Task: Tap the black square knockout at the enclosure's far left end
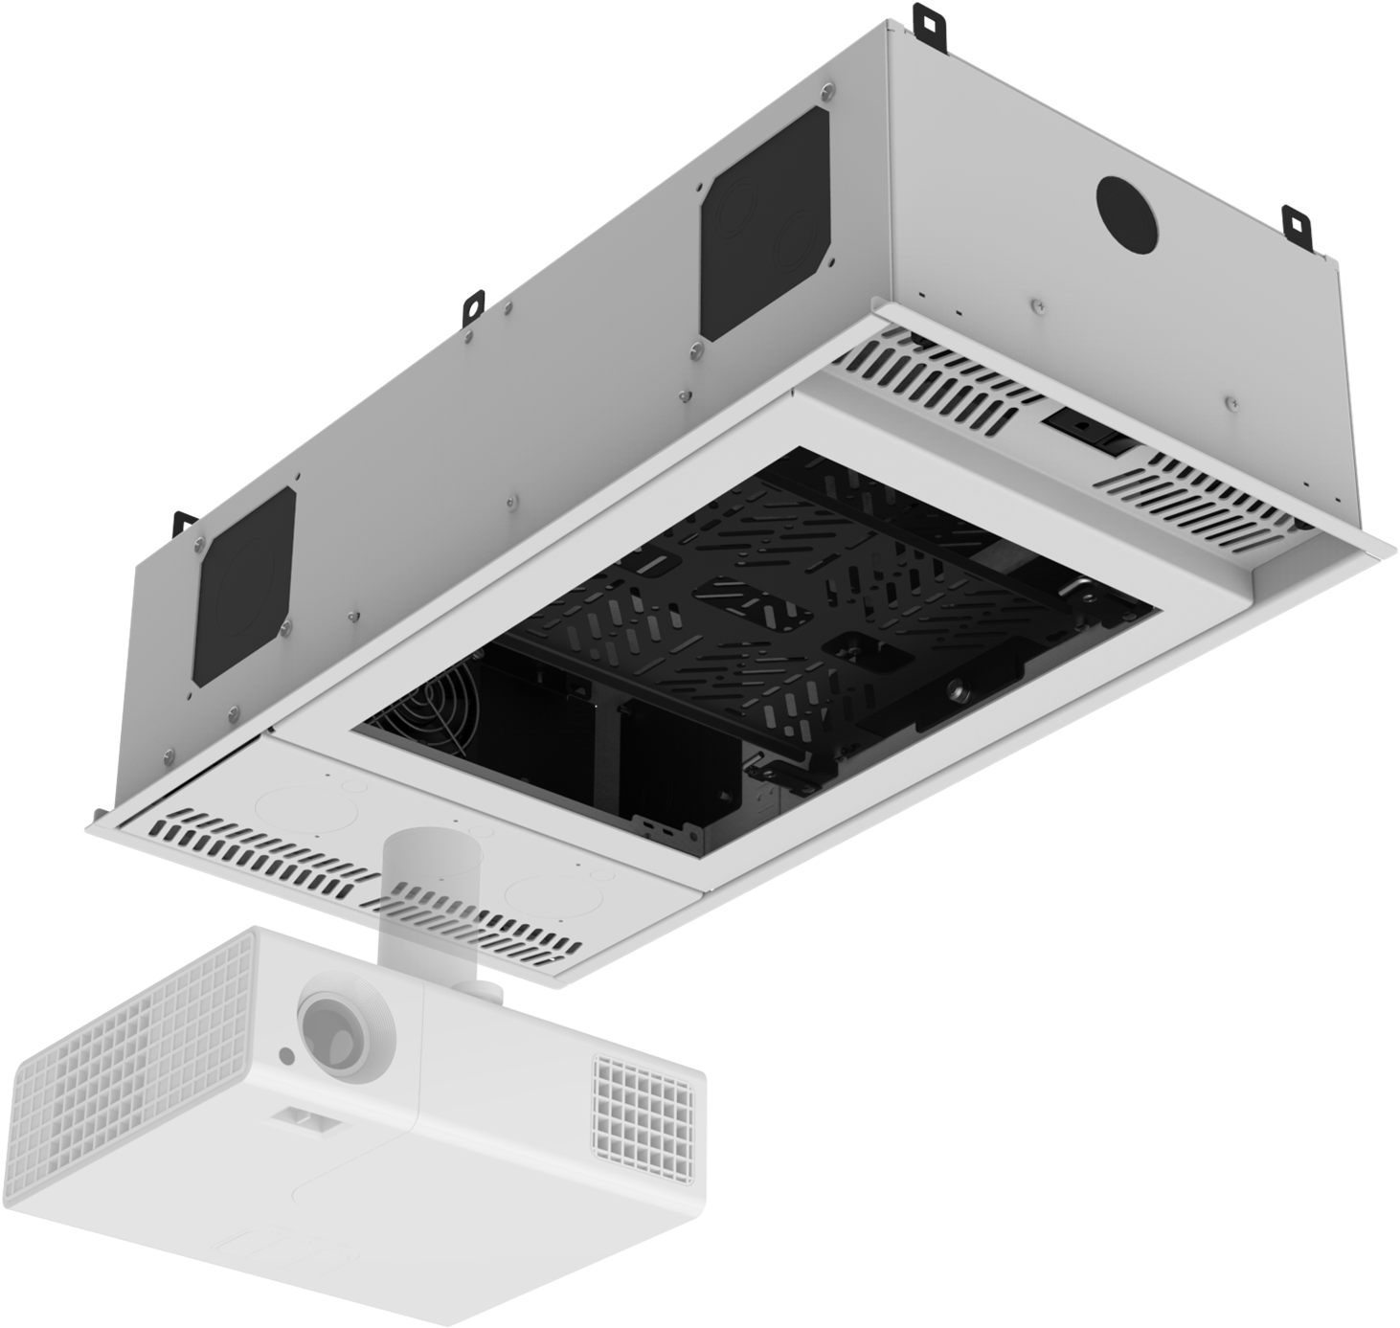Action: click(245, 586)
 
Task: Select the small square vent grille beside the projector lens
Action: click(644, 1107)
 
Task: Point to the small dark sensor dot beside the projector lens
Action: click(286, 1055)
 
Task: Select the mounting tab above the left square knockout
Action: click(183, 523)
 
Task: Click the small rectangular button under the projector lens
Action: click(304, 1117)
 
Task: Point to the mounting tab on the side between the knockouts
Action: click(471, 306)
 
